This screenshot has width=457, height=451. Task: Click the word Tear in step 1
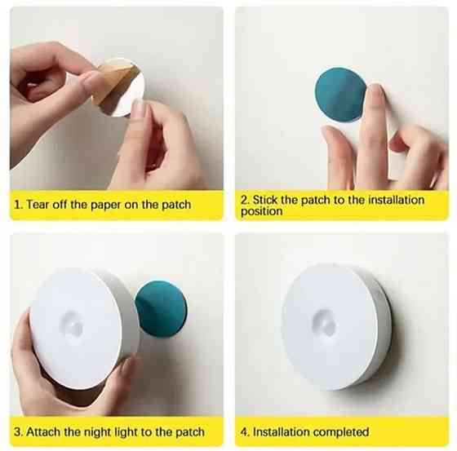[x=38, y=204]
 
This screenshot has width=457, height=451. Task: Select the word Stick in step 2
[x=265, y=200]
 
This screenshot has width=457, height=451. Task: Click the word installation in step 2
[x=396, y=200]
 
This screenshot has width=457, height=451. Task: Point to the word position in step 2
[x=261, y=211]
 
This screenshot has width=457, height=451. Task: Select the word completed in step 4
[x=339, y=432]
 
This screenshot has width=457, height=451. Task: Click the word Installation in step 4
[x=281, y=431]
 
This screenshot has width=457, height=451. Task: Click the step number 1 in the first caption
[x=18, y=205]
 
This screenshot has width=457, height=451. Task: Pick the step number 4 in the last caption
[x=245, y=431]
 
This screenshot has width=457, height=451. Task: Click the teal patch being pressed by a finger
[x=339, y=94]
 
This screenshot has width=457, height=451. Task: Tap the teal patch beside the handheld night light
[x=162, y=308]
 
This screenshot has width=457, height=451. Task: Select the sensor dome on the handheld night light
[x=72, y=323]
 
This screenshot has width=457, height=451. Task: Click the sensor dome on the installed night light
[x=324, y=322]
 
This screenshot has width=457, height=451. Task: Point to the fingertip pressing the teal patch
[x=375, y=91]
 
